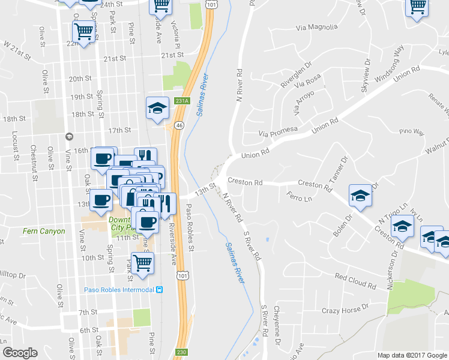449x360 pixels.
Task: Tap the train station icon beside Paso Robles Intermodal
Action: point(159,290)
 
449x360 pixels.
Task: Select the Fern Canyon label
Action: point(43,231)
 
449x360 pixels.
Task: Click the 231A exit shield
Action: point(182,102)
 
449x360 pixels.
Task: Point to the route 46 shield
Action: point(179,125)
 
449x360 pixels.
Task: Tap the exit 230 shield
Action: point(181,352)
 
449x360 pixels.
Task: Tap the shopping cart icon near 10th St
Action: point(143,262)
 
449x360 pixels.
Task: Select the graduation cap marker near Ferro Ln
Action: point(360,195)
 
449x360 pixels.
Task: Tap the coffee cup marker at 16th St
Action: point(102,158)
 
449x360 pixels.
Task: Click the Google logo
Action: point(20,353)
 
